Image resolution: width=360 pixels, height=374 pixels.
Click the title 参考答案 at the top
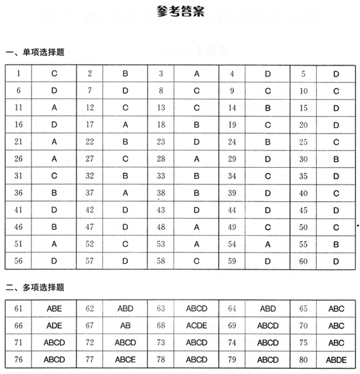pos(180,11)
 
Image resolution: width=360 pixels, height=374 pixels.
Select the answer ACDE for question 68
pos(197,325)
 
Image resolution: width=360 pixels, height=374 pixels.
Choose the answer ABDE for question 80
pos(336,359)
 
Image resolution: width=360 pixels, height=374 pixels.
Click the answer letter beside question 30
pos(336,159)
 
